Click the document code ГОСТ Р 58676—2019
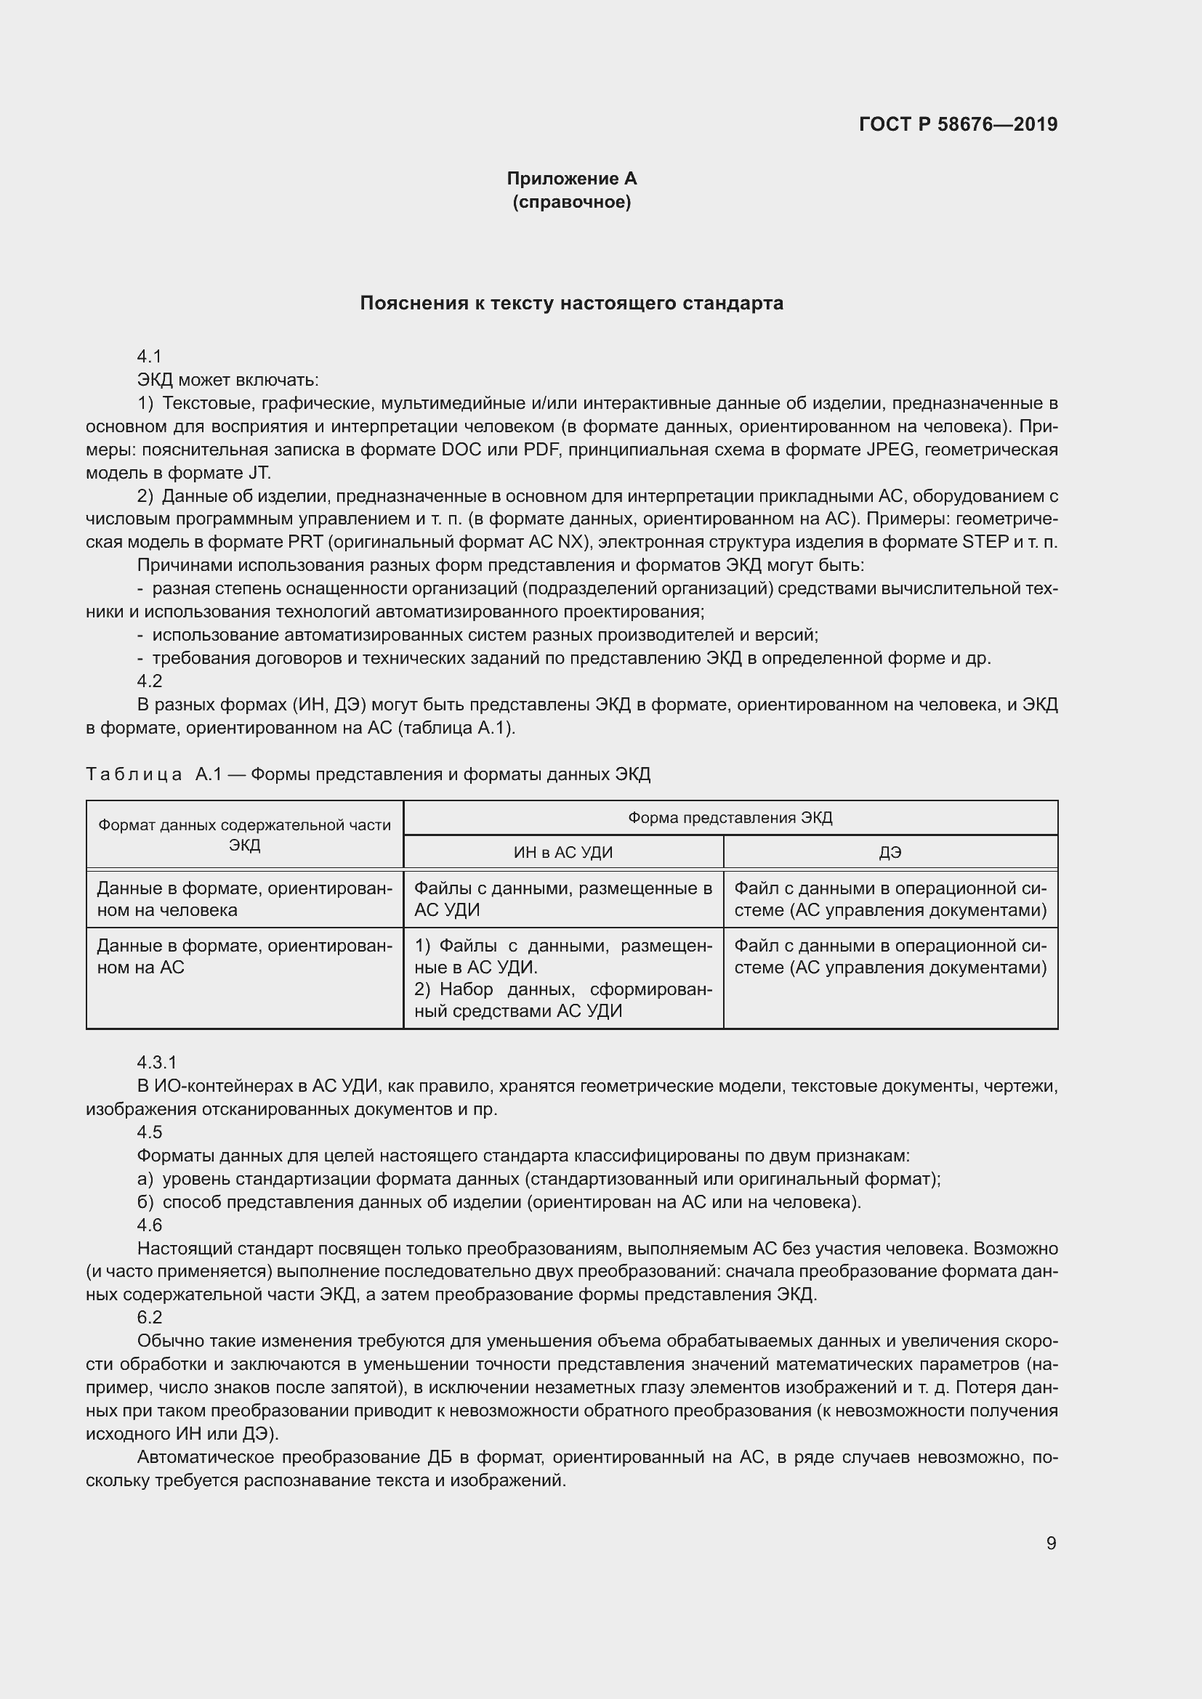pos(958,124)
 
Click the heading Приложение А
pos(571,179)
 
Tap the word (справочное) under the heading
pos(571,202)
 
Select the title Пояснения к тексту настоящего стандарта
pos(571,304)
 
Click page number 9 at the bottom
pos(1051,1543)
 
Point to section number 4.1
pos(150,357)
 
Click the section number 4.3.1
pos(157,1063)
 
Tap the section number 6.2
pos(150,1317)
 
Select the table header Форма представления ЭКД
pos(730,818)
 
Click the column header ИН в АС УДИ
pos(563,853)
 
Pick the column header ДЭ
pos(890,853)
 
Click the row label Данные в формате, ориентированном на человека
pos(244,899)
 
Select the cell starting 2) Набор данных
pos(562,999)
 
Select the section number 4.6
pos(150,1225)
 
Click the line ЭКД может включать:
pos(228,381)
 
